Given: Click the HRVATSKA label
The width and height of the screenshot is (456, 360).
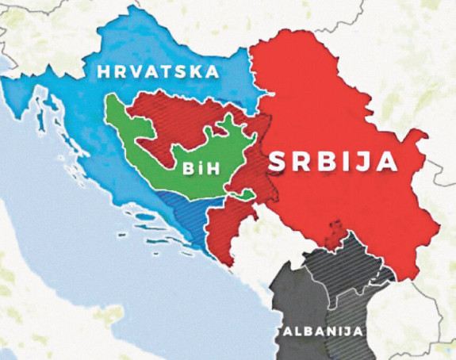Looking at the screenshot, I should click(158, 72).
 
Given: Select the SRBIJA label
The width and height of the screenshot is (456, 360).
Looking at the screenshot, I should click(332, 161).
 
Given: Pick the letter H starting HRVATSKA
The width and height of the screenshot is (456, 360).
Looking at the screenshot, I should click(103, 72).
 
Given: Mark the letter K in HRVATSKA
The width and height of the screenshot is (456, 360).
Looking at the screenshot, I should click(197, 72).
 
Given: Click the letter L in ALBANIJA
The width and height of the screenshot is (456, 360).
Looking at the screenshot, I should click(295, 331).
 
